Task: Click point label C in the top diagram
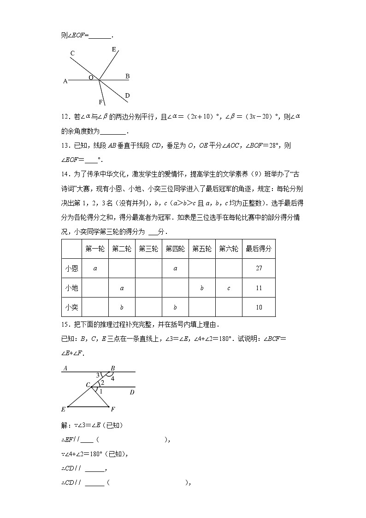click(72, 53)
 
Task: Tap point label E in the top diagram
click(114, 49)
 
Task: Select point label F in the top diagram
click(100, 102)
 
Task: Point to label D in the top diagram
click(127, 95)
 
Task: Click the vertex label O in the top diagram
click(91, 78)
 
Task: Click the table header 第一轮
click(95, 249)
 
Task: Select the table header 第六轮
click(229, 249)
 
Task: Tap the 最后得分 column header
click(259, 249)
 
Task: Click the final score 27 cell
click(259, 268)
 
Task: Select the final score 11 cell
click(259, 288)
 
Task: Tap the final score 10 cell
click(259, 307)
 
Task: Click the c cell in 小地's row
click(229, 288)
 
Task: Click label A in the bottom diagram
click(65, 368)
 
